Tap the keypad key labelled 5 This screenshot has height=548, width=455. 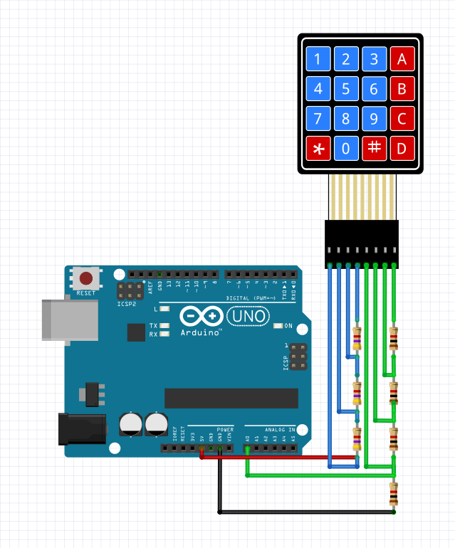(346, 89)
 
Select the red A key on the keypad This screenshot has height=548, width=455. (402, 59)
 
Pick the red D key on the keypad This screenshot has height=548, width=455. (402, 149)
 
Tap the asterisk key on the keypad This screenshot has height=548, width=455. (318, 149)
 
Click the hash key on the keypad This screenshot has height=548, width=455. (374, 148)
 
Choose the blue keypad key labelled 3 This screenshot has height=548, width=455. (374, 59)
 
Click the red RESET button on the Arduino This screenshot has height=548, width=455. (87, 278)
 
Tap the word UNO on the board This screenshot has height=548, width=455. (249, 315)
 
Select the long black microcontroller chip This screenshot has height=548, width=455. (231, 399)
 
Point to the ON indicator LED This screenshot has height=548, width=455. (278, 326)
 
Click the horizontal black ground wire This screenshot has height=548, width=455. (306, 512)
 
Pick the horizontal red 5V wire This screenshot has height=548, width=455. (278, 457)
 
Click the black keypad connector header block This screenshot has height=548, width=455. (362, 243)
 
